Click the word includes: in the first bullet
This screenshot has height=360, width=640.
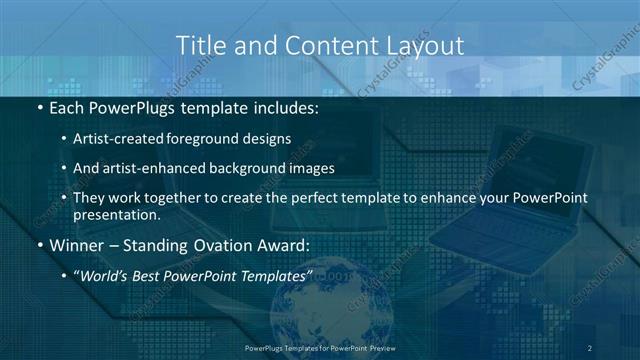point(283,106)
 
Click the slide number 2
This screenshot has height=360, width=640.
point(589,347)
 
